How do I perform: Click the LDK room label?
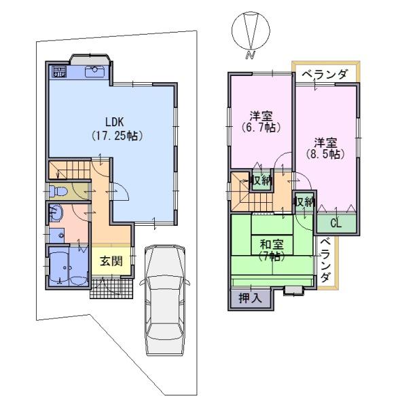pyautogui.click(x=114, y=121)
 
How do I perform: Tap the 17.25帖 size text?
pyautogui.click(x=117, y=136)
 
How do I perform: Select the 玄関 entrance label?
pyautogui.click(x=111, y=261)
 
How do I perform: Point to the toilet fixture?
pyautogui.click(x=58, y=191)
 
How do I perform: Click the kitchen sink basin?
pyautogui.click(x=94, y=71)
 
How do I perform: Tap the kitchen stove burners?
pyautogui.click(x=59, y=71)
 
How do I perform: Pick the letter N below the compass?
pyautogui.click(x=250, y=55)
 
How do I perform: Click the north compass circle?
pyautogui.click(x=251, y=30)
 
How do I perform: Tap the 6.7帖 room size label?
pyautogui.click(x=261, y=128)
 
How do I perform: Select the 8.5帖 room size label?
pyautogui.click(x=325, y=154)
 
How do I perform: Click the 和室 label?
pyautogui.click(x=272, y=244)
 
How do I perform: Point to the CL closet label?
pyautogui.click(x=336, y=223)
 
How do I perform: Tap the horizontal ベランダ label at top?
pyautogui.click(x=324, y=75)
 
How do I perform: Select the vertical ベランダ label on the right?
pyautogui.click(x=325, y=260)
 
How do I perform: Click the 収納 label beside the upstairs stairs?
pyautogui.click(x=261, y=180)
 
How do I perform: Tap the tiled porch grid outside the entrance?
pyautogui.click(x=112, y=289)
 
